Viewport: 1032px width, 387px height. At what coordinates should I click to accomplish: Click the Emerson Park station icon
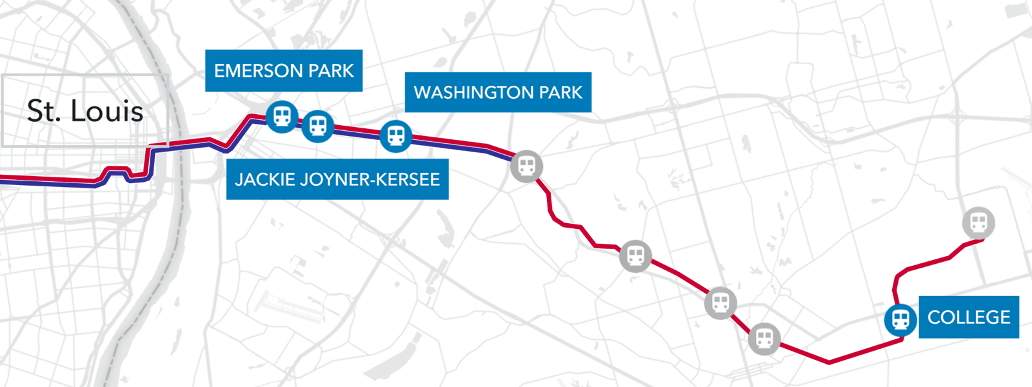[282, 117]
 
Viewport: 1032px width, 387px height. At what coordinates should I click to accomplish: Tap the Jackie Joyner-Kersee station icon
[317, 126]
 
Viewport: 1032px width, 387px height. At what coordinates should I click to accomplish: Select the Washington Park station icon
[396, 136]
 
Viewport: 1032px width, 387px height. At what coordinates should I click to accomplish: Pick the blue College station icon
[900, 319]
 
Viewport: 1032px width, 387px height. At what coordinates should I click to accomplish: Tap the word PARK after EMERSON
[331, 71]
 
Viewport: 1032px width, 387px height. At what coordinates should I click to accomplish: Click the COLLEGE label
[968, 317]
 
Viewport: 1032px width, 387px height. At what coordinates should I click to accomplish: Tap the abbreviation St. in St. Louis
[44, 111]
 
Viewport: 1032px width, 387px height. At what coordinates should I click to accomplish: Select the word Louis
[107, 111]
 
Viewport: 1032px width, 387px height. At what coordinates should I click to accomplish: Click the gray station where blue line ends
[526, 166]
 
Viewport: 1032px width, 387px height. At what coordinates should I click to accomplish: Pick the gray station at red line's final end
[978, 223]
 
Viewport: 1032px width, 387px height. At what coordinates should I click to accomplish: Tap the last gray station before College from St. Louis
[764, 338]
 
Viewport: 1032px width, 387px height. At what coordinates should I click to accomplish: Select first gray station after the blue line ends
[635, 256]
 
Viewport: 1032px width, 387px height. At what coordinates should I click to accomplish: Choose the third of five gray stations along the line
[720, 303]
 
